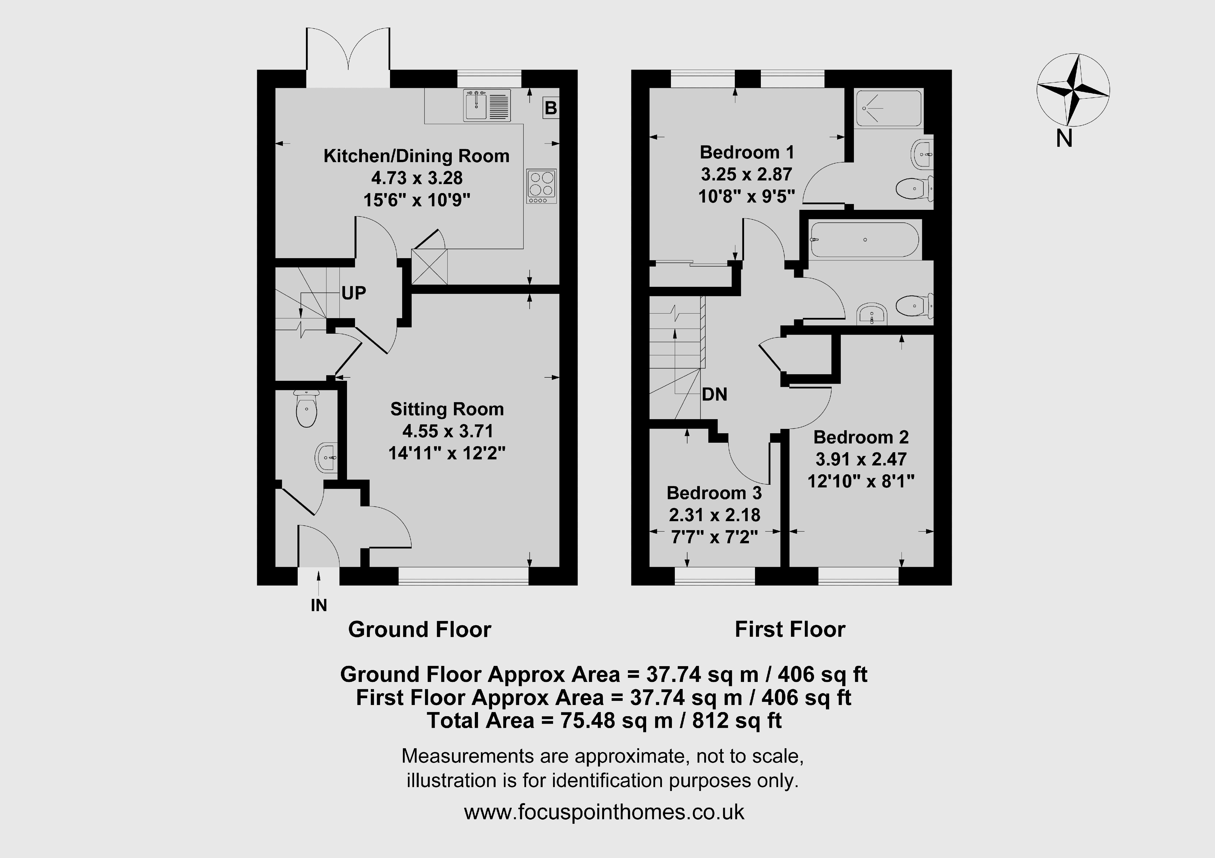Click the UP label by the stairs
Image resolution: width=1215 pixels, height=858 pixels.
(354, 293)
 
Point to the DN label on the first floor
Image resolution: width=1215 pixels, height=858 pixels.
(714, 394)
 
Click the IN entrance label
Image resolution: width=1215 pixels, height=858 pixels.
(319, 605)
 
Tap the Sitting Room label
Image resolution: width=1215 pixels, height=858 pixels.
(447, 409)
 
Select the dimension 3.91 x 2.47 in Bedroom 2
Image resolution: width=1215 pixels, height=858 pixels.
(861, 459)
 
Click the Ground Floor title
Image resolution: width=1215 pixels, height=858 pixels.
(420, 629)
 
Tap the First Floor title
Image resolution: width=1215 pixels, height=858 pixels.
(790, 629)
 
